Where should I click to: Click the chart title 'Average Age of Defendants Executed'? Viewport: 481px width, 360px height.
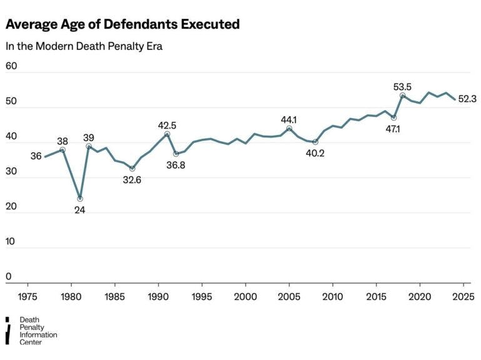(123, 24)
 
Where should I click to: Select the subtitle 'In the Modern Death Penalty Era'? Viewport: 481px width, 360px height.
(84, 46)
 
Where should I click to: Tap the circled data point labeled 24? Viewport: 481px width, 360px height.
(80, 199)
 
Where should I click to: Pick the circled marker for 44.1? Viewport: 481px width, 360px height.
(289, 128)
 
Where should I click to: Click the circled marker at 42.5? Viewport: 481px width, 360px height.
(167, 134)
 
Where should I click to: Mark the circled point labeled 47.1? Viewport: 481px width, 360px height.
(393, 117)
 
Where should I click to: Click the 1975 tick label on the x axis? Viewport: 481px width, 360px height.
(28, 296)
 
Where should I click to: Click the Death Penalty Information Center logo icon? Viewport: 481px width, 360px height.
(8, 331)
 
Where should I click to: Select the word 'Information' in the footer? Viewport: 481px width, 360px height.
(38, 335)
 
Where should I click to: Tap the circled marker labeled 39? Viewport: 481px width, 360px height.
(89, 146)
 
